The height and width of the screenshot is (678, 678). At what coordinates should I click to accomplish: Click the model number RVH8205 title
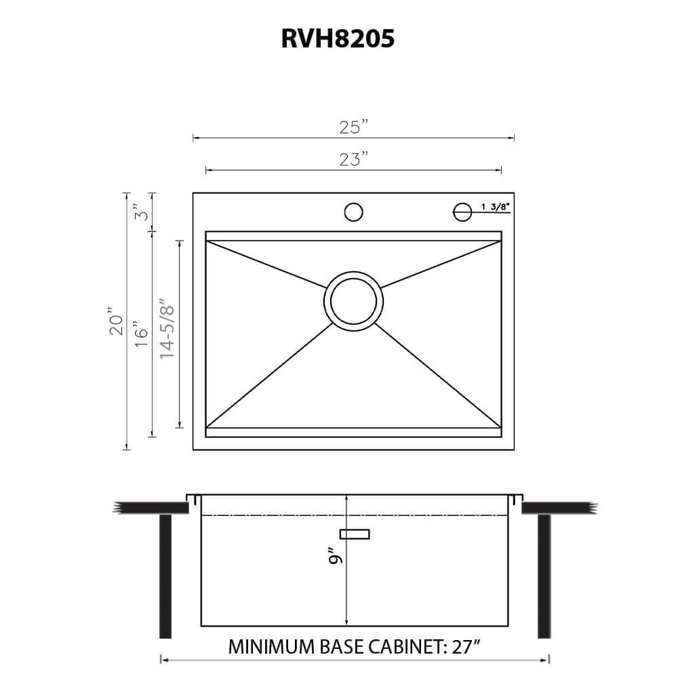pos(338,39)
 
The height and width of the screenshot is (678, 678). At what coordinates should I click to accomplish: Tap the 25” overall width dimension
pos(354,127)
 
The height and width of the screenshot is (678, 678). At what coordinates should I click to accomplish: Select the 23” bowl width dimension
pos(354,159)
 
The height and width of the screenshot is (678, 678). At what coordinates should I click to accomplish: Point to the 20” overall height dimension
pos(117,324)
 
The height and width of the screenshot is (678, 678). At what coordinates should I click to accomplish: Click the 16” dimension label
pos(141,334)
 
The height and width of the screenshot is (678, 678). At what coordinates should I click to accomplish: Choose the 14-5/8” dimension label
pos(167,330)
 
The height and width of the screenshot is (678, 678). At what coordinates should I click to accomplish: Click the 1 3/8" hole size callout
pos(495,207)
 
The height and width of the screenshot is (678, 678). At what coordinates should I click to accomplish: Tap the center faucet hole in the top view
pos(353,212)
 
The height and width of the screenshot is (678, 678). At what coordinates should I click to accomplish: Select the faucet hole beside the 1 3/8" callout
pos(462,212)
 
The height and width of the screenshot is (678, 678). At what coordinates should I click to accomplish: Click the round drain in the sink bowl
pos(353,301)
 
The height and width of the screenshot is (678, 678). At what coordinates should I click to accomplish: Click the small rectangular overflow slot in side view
pos(355,534)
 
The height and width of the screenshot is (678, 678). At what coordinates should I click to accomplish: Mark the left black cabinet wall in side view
pos(165,576)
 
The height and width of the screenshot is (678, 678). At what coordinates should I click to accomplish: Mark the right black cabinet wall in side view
pos(544,576)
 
